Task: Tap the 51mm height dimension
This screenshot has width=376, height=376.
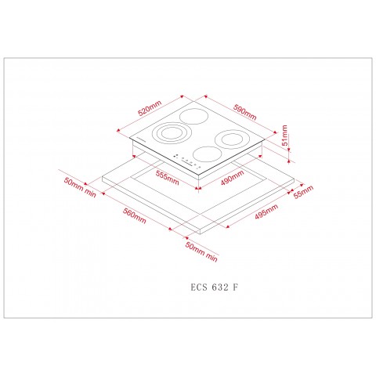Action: click(286, 138)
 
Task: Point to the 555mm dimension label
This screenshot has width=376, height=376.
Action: click(167, 177)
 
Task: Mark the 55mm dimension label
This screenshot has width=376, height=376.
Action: click(302, 192)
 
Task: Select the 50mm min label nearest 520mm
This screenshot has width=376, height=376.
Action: click(80, 187)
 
